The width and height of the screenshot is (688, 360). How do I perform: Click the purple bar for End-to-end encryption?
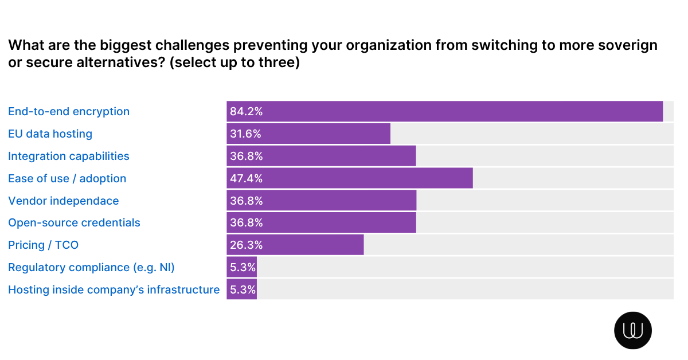click(444, 111)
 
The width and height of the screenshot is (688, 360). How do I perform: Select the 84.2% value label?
click(246, 112)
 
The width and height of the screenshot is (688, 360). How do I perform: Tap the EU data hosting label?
click(50, 134)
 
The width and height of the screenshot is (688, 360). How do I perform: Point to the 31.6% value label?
click(246, 134)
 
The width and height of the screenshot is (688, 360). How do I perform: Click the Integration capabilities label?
click(69, 156)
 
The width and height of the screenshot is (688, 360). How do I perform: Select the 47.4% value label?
click(246, 179)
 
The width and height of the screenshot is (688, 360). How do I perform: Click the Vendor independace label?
click(64, 201)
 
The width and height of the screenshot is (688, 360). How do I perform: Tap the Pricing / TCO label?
click(43, 245)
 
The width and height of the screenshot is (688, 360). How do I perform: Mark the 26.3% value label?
click(246, 245)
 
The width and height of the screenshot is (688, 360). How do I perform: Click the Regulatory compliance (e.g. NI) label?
click(91, 267)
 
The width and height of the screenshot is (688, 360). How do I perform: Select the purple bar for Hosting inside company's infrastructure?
click(241, 289)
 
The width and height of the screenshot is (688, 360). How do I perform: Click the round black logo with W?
click(633, 330)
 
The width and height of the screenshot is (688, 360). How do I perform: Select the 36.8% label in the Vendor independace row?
click(246, 201)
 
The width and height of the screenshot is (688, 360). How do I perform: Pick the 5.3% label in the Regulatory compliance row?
click(243, 268)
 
